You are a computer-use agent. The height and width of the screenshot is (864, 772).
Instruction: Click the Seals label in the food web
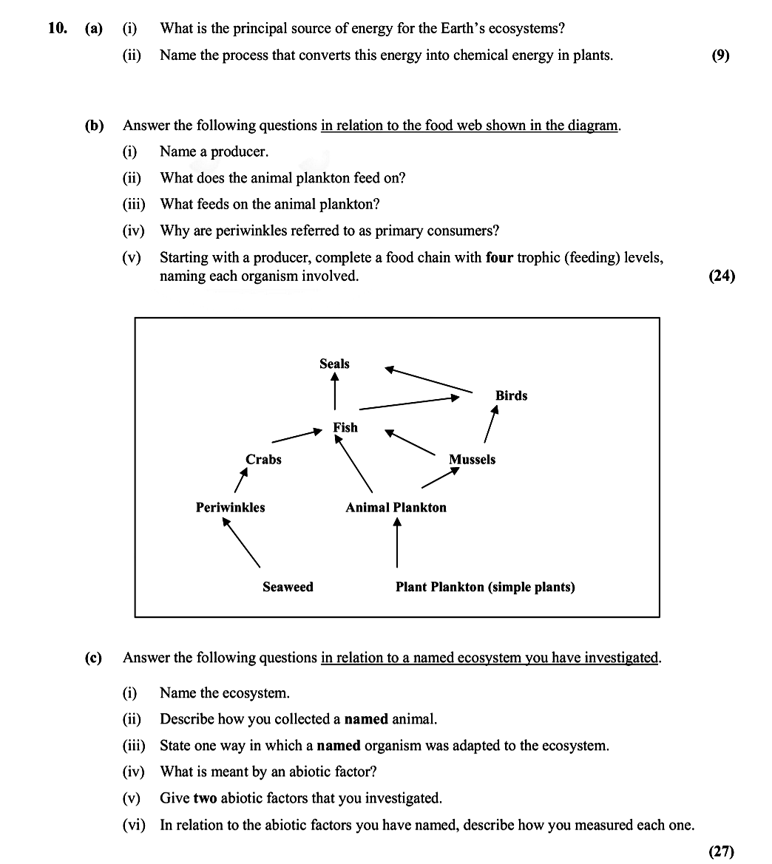pos(334,364)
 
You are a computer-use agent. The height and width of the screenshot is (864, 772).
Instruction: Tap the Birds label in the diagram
pos(511,395)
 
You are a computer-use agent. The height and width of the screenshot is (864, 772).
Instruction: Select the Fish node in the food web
pos(345,427)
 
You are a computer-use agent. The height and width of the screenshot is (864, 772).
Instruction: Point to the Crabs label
pos(263,459)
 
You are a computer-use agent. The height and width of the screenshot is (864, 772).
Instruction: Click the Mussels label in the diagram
pos(472,459)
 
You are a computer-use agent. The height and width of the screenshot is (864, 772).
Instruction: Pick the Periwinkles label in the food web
pos(230,507)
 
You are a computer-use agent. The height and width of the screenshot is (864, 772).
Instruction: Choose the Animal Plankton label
pos(396,507)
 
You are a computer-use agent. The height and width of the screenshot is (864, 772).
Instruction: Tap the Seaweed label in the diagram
pos(288,587)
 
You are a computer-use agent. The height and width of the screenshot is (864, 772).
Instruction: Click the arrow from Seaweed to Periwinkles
pos(242,542)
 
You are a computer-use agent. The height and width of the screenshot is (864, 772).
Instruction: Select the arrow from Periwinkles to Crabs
pos(240,480)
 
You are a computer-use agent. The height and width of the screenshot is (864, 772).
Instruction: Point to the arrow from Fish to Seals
pos(335,390)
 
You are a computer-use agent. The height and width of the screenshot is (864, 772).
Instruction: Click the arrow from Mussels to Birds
pos(490,424)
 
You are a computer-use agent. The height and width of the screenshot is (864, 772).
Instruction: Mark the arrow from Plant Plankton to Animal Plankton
pos(397,542)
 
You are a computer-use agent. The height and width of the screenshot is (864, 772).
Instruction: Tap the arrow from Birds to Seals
pos(428,379)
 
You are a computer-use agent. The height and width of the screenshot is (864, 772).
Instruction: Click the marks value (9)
pos(720,55)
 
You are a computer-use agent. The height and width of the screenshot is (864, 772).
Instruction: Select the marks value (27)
pos(722,851)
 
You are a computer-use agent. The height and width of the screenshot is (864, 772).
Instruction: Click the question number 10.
pos(58,29)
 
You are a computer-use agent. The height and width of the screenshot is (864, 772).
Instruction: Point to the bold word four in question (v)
pos(499,258)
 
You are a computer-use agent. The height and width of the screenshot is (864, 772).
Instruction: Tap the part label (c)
pos(93,658)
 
